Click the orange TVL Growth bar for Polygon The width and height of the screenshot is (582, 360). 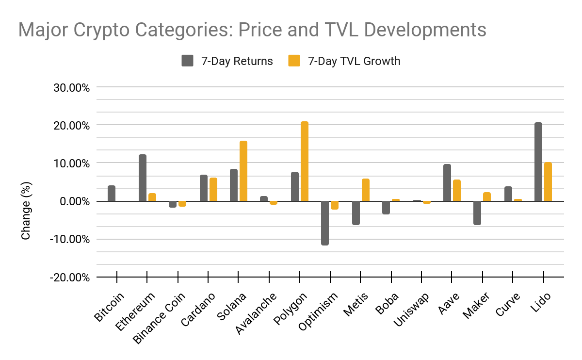[305, 161]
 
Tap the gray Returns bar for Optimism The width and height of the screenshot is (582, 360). [325, 223]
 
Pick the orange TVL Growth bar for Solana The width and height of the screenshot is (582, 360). [243, 171]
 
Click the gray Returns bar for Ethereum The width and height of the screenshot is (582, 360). [143, 178]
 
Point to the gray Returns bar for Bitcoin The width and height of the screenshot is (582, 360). [112, 193]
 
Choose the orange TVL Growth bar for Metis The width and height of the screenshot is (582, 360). [366, 190]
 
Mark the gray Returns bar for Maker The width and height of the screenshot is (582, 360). [477, 213]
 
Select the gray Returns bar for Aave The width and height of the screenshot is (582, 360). [447, 182]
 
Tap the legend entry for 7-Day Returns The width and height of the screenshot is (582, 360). [227, 61]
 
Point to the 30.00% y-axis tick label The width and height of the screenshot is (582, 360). [71, 88]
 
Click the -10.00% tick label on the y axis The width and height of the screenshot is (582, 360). [70, 239]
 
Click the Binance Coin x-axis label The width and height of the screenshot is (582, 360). [160, 318]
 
